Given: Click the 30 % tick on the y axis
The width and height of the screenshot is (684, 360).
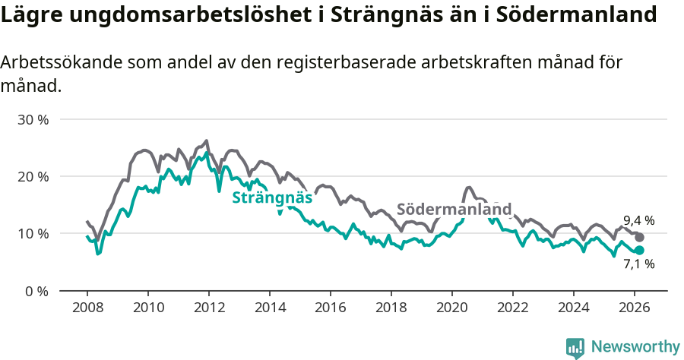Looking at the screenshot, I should [x=33, y=120].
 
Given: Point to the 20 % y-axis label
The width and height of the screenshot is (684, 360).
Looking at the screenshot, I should [x=33, y=177].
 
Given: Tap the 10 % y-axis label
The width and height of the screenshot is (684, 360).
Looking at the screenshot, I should [x=33, y=234].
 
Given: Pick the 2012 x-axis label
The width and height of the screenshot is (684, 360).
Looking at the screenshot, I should [x=208, y=308].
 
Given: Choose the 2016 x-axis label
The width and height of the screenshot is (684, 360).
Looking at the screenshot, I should [x=330, y=308].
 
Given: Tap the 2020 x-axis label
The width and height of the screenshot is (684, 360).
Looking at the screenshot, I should [x=451, y=308].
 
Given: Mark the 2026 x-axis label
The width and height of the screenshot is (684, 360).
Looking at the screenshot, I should [x=634, y=308].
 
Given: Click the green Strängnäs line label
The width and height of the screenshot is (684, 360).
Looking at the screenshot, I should [x=272, y=198].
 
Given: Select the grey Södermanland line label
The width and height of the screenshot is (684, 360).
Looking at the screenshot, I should [x=454, y=209].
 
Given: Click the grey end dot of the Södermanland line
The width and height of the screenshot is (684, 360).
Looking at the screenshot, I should [x=639, y=237].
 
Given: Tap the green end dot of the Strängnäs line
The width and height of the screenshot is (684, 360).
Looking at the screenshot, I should [x=639, y=250].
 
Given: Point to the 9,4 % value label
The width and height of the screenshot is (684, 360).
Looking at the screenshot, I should [x=638, y=221].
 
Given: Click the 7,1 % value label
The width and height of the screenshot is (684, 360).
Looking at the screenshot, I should [x=638, y=265].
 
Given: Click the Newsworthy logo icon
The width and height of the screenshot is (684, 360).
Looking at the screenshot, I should [x=575, y=347].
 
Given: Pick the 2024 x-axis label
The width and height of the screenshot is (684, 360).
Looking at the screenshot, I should [x=573, y=308].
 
